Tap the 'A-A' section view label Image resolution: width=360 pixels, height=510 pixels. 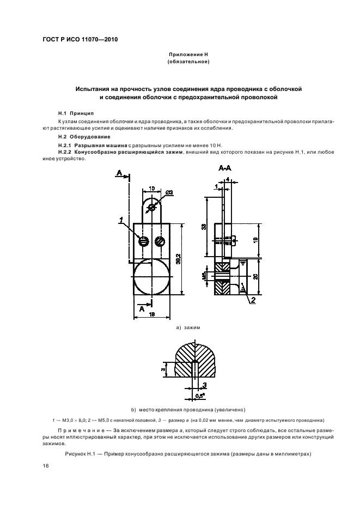point(225,170)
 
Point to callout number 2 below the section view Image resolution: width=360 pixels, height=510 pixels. point(253,299)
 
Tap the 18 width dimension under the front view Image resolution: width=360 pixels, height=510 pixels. point(153,314)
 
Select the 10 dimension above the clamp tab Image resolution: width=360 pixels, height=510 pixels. point(152,188)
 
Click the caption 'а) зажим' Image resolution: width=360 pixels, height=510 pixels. point(188,328)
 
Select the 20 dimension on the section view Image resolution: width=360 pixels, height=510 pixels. point(258,277)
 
